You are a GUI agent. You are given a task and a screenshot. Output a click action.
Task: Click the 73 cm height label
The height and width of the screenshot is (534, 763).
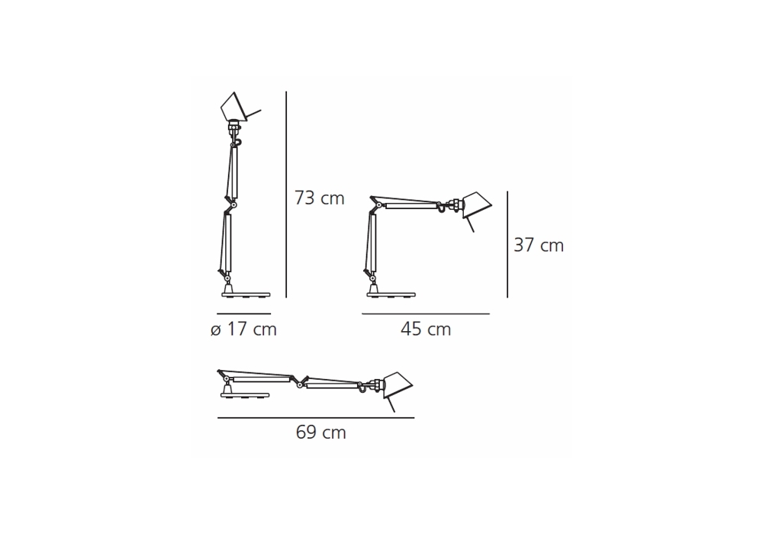(319, 198)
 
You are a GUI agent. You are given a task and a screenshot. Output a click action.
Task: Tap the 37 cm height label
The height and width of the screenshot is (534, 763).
(539, 246)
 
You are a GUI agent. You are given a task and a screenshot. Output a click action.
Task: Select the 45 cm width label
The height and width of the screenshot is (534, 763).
(426, 330)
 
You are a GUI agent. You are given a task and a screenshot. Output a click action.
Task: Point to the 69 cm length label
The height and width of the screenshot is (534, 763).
(320, 433)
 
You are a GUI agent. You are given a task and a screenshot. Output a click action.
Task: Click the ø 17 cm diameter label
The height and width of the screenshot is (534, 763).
(244, 330)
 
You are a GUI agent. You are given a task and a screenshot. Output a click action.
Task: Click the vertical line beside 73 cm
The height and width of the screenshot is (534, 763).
(286, 195)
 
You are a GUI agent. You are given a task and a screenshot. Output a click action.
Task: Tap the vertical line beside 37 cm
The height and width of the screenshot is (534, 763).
(507, 244)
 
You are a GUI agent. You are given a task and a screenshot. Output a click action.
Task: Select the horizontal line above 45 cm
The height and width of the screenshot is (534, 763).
(426, 314)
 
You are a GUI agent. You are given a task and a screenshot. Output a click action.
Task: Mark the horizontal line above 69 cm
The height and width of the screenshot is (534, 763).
(316, 417)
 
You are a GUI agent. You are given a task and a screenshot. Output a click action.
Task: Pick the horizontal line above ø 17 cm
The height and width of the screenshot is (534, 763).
(244, 314)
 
